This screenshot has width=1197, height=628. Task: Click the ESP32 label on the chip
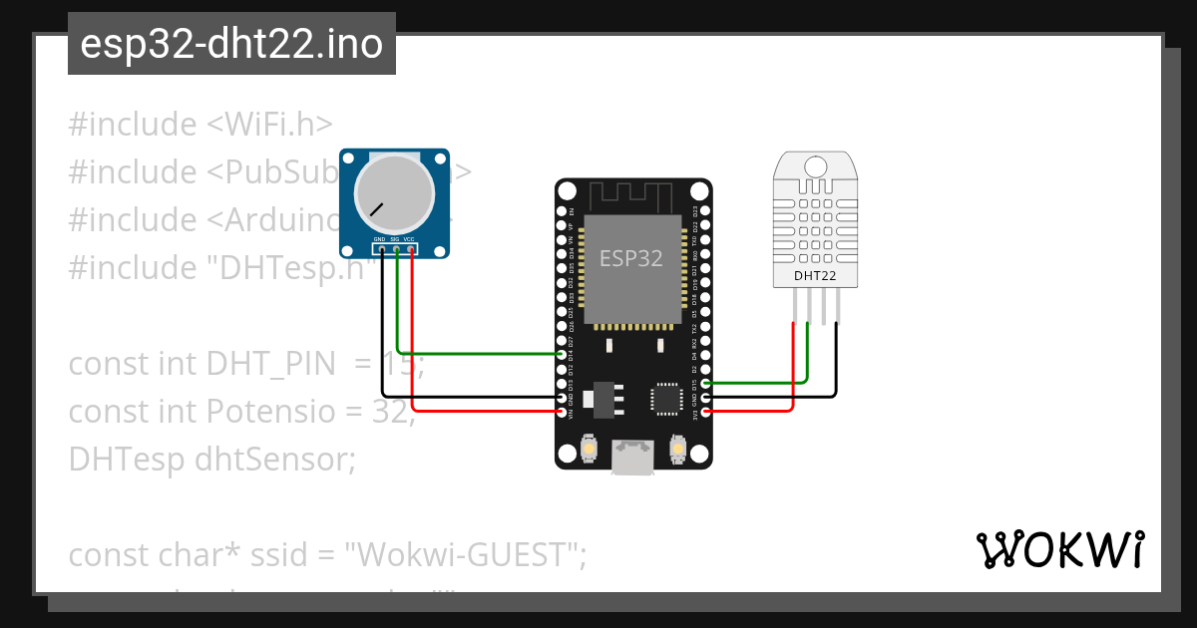coord(630,258)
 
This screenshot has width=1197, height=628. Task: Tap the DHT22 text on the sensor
coord(815,275)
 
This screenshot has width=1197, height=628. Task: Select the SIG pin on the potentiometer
coord(396,248)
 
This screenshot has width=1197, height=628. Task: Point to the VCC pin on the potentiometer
coord(411,248)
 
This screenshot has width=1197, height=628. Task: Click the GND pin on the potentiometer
coord(380,248)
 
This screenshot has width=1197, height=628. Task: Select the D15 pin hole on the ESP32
coord(706,383)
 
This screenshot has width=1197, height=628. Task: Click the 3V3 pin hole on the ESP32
coord(706,411)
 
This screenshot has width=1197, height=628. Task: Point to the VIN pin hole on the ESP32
coord(562,411)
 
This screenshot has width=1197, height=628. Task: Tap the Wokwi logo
coord(1059,549)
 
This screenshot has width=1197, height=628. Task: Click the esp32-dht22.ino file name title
coord(231,45)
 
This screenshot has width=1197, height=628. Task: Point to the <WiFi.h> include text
coord(269,125)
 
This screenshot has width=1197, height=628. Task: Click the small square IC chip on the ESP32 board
coord(666,398)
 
